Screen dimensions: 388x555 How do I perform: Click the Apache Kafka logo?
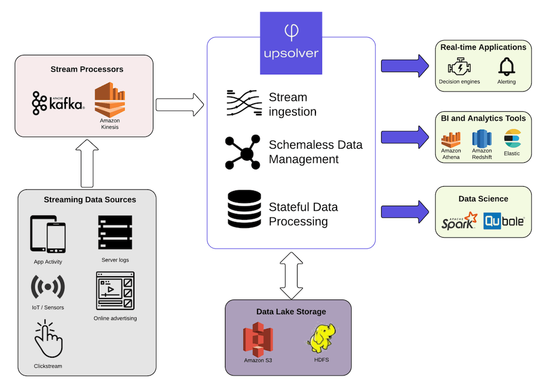click(58, 103)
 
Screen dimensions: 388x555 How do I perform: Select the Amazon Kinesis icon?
click(109, 99)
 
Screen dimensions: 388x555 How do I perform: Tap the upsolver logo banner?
click(291, 42)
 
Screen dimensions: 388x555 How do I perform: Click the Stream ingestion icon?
click(243, 104)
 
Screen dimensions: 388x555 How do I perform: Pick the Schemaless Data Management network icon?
click(243, 152)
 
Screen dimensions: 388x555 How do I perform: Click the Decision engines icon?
click(459, 67)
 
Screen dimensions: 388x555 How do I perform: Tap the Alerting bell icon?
click(506, 67)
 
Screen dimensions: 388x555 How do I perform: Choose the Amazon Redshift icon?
click(481, 138)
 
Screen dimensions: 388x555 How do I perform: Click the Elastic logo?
click(512, 138)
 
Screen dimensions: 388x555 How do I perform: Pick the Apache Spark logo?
click(459, 221)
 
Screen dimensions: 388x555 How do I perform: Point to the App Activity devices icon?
click(48, 234)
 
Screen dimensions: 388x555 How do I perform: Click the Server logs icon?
click(115, 233)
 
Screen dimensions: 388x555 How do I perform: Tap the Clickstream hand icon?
click(48, 340)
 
